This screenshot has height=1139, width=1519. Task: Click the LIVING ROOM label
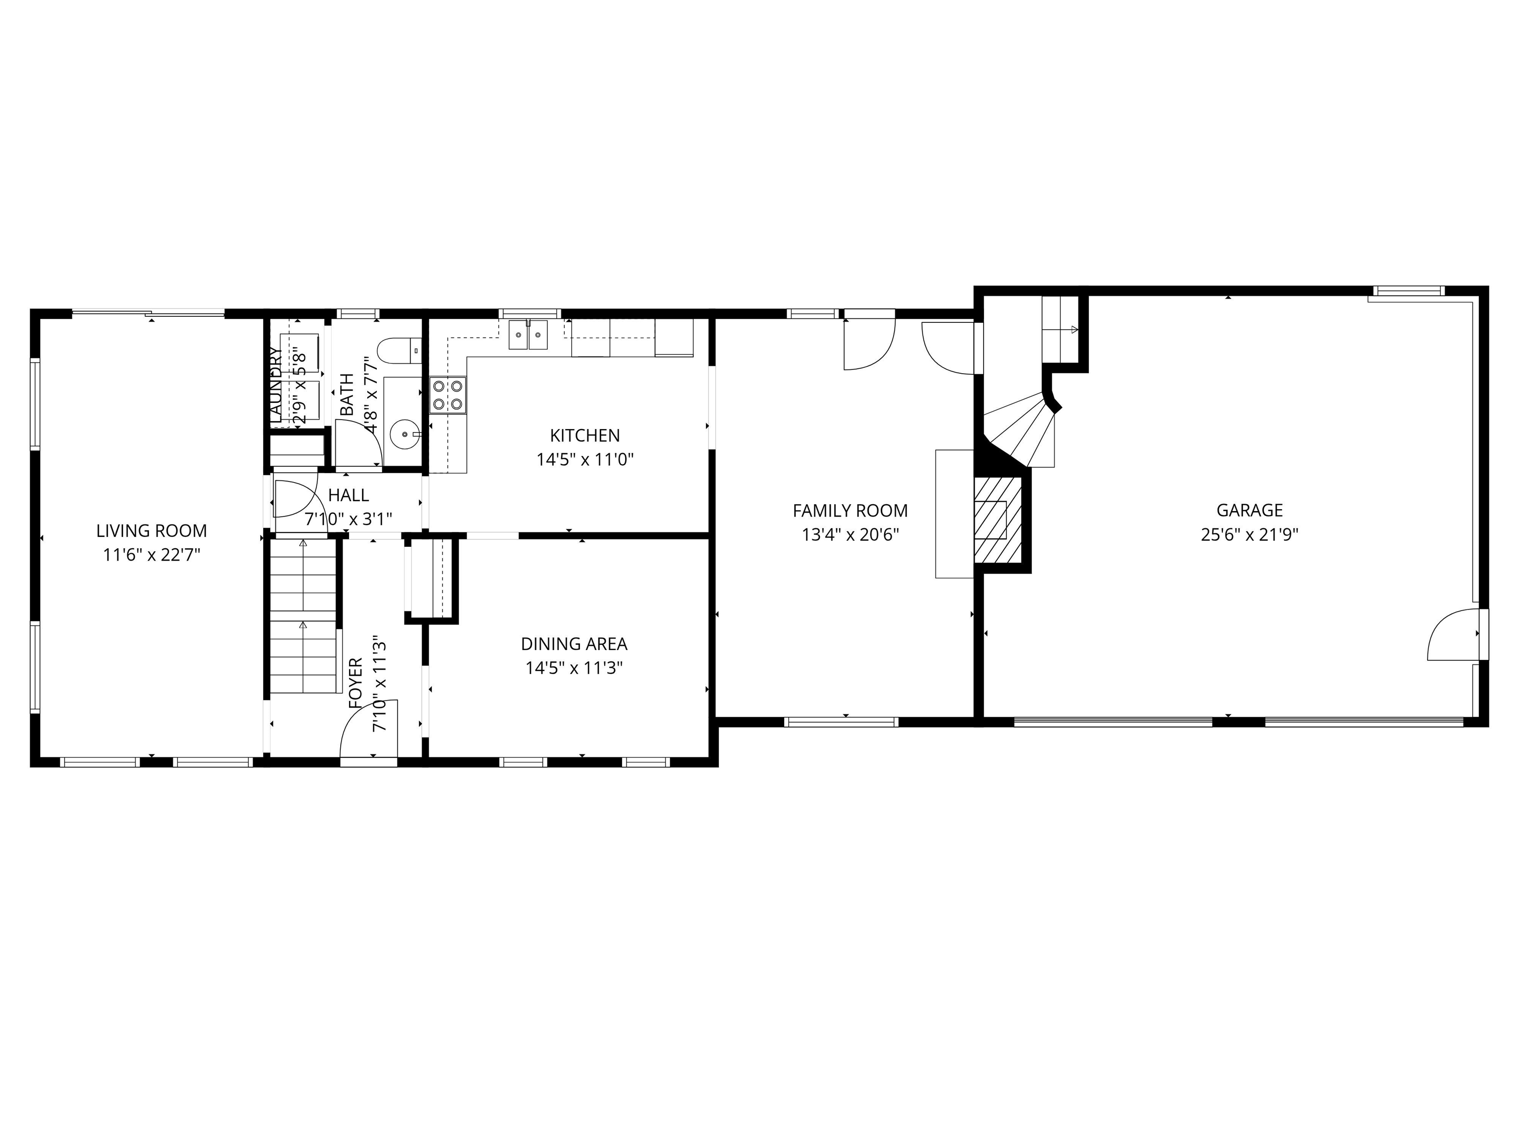click(x=151, y=531)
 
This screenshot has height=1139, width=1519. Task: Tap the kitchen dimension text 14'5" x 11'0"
click(x=584, y=459)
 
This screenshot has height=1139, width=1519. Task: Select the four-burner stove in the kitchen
click(x=447, y=395)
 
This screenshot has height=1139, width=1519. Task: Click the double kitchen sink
click(x=528, y=335)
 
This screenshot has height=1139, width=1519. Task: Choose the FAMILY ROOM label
click(x=849, y=511)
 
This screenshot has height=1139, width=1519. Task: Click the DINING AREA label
click(x=574, y=644)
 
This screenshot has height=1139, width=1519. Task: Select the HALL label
click(x=348, y=495)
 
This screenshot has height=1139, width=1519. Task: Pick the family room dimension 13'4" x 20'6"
click(x=849, y=535)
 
